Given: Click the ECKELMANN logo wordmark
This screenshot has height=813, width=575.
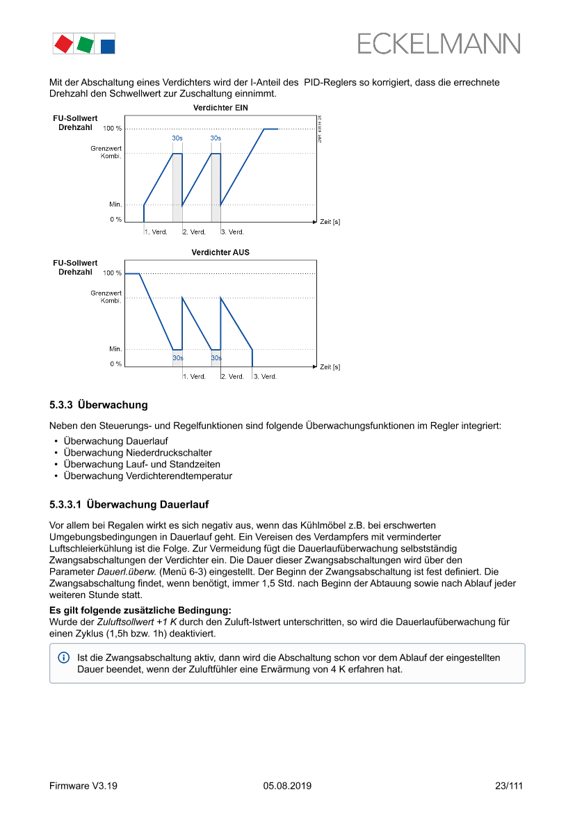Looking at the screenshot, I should point(438,44).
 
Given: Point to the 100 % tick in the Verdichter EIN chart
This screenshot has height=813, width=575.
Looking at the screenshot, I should point(112,129).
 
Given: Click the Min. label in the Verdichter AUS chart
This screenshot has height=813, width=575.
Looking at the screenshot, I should point(115,348).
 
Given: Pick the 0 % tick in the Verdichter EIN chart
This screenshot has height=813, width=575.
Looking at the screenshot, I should point(115,219).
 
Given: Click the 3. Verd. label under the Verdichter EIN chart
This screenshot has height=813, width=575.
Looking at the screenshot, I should point(233,232).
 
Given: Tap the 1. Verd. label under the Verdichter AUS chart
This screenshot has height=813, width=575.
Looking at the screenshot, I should point(195,376).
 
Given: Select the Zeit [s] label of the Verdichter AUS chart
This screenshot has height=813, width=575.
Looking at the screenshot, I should point(330,367).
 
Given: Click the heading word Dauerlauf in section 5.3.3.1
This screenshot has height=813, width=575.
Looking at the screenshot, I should point(184,504).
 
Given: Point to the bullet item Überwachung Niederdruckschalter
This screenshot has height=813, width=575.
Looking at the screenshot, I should point(138,453).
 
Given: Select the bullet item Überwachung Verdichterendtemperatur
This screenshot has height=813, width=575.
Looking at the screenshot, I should point(147,476).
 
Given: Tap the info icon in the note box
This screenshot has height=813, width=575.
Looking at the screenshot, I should point(63,657).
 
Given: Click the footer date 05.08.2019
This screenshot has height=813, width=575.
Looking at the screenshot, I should point(287,786).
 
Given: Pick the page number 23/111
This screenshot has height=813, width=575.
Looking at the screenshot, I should point(509,786).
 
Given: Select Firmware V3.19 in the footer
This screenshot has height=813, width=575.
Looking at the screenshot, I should point(83,786).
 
